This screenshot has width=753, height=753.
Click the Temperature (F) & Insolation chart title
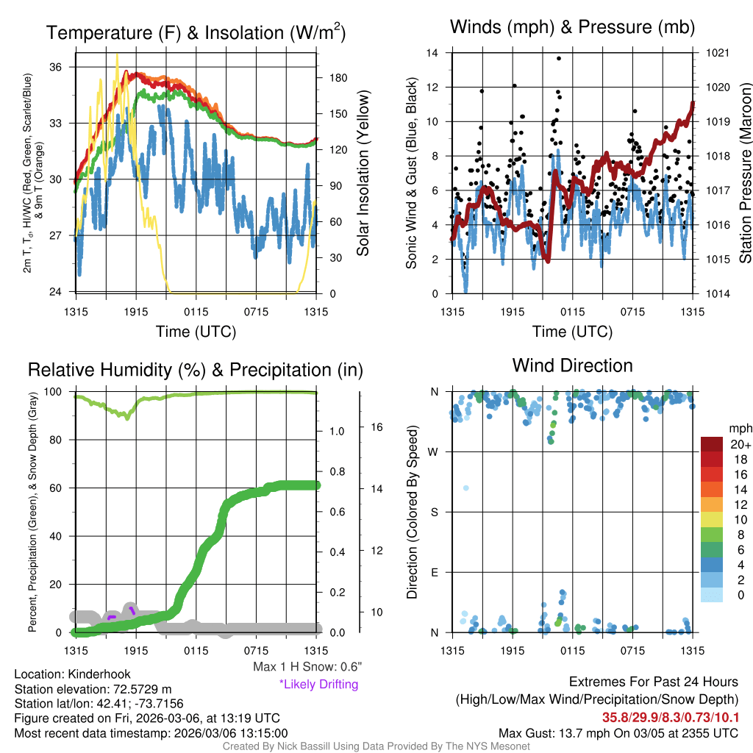196,33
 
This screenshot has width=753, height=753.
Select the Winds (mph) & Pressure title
572,27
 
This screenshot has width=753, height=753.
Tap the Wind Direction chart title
572,365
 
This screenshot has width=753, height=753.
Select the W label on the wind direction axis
434,452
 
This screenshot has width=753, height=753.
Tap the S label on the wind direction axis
435,512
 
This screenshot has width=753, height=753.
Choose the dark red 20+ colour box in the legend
713,444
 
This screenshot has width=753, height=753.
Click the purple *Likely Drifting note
318,685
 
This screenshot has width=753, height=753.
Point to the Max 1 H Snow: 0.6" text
307,667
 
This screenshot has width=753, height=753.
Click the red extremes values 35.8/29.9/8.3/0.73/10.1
671,718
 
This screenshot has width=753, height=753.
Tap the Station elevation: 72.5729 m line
93,689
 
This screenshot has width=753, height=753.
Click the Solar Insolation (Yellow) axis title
363,173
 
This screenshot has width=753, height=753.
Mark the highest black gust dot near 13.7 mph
559,58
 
